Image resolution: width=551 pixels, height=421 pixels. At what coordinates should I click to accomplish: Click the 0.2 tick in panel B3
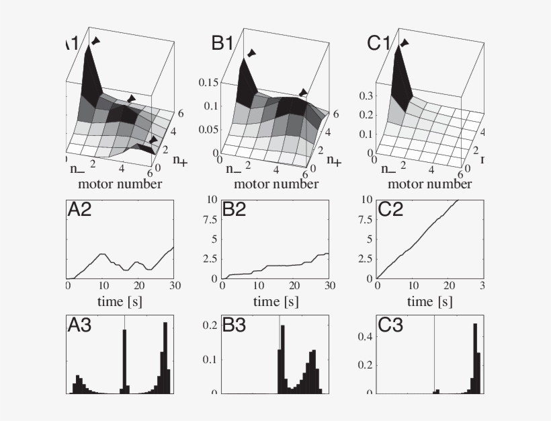coord(211,325)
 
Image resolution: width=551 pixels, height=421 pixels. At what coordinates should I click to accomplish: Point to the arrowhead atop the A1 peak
coord(96,42)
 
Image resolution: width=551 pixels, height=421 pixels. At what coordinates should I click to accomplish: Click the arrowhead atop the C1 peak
coord(405,43)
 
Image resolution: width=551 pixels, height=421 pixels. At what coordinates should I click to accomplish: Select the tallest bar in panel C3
coord(476,356)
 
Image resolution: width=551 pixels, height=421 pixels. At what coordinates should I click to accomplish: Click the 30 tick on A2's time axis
coord(173,285)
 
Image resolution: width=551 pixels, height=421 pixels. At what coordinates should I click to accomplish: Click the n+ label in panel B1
coord(333,161)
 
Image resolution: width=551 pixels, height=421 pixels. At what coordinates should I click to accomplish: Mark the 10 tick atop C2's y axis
coord(368,199)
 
